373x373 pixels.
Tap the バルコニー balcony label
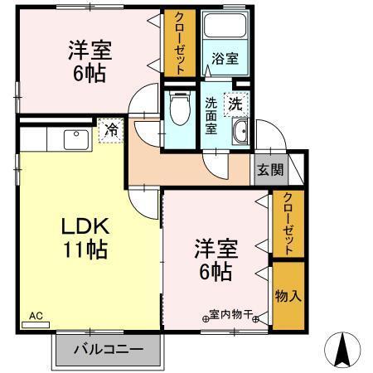(105, 350)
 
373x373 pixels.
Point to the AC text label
(36, 316)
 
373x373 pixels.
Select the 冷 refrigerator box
(109, 129)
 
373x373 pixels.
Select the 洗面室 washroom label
(211, 116)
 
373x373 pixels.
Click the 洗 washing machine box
(236, 106)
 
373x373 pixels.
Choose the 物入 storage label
(287, 296)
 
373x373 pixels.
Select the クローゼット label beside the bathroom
(179, 43)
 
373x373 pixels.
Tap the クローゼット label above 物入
(287, 224)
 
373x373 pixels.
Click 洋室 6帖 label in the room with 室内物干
(214, 258)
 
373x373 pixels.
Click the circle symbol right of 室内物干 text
(257, 318)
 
